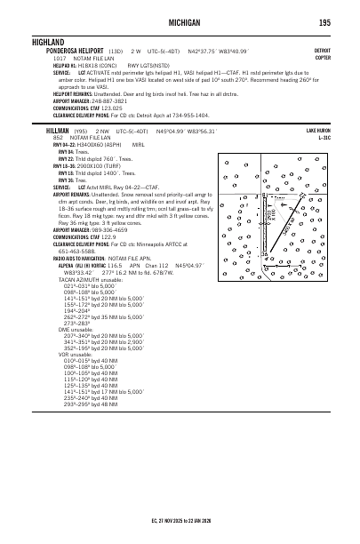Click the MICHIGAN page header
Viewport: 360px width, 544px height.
(179, 21)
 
